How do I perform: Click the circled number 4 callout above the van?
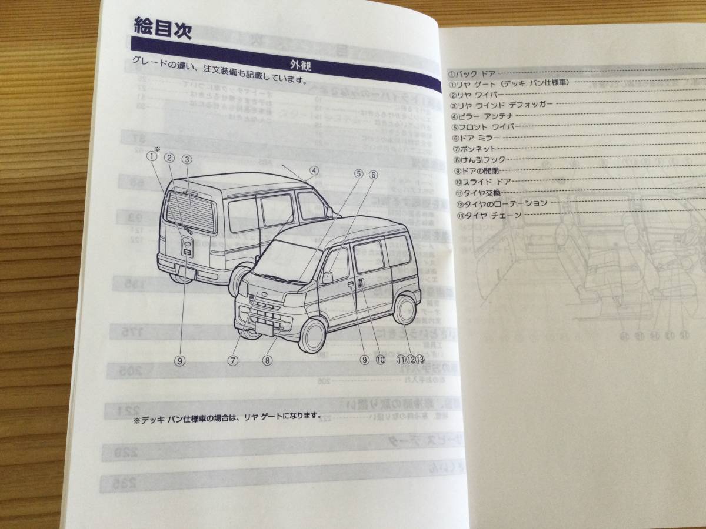pos(314,171)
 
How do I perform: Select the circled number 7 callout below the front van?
pos(234,361)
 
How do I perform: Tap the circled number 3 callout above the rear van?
pos(187,158)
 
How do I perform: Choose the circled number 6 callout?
pos(373,174)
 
